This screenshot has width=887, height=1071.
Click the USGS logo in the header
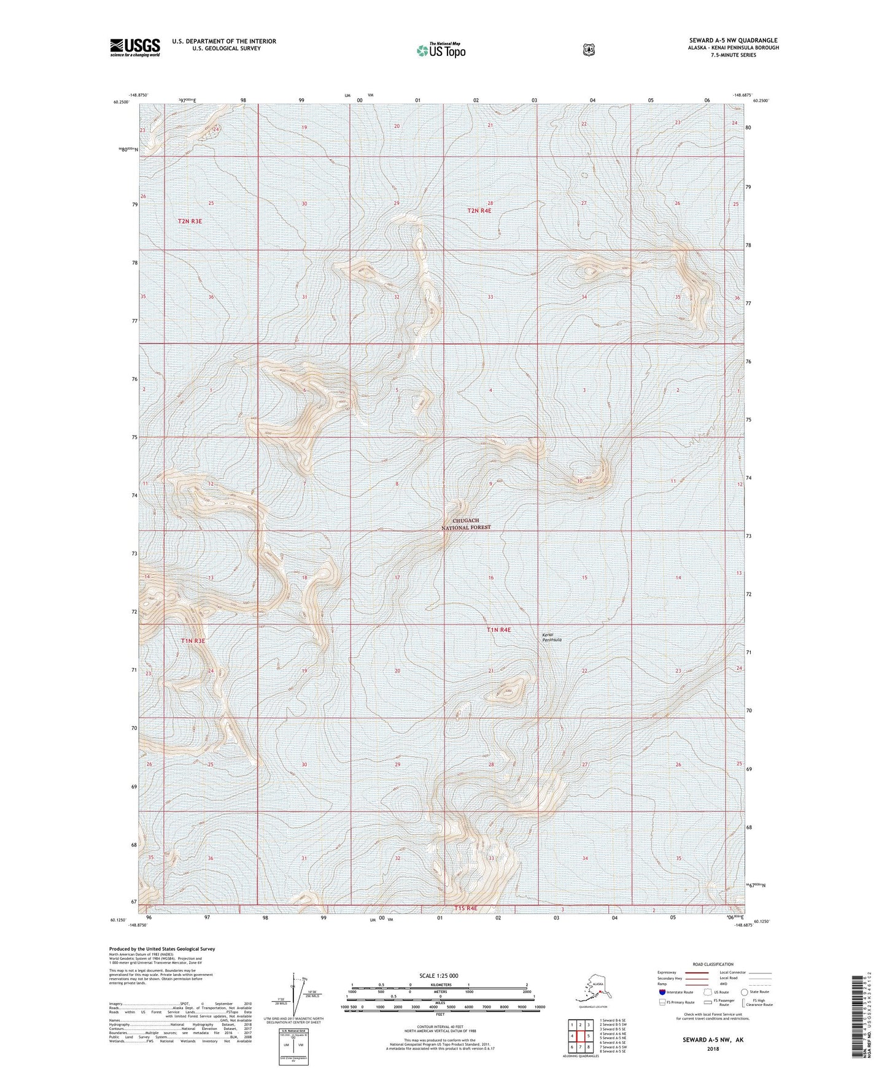(x=135, y=47)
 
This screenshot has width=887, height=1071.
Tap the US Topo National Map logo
(x=440, y=50)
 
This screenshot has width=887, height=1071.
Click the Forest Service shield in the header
(x=589, y=50)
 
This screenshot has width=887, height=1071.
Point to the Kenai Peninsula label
(x=551, y=637)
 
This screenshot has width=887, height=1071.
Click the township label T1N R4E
(x=499, y=630)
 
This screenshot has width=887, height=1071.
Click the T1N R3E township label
(x=193, y=640)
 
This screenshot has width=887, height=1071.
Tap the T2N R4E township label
(x=479, y=210)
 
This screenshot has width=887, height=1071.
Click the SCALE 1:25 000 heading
(x=439, y=975)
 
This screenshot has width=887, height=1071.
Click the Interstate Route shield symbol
(x=662, y=991)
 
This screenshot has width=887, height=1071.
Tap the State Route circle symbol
(x=744, y=991)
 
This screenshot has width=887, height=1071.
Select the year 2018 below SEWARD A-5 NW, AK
(x=712, y=1049)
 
